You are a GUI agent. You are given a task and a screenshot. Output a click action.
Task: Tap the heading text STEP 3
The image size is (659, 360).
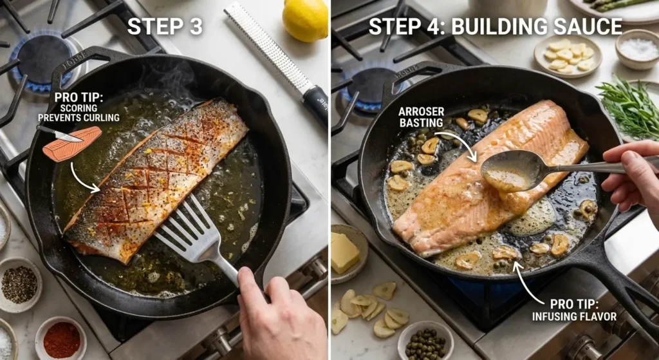tap(165, 26)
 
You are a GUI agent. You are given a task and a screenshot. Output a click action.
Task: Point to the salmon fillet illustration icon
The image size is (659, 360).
tap(72, 144)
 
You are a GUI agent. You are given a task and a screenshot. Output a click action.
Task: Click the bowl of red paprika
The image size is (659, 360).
tap(61, 339)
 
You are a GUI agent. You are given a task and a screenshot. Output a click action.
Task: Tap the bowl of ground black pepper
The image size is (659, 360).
tap(20, 285)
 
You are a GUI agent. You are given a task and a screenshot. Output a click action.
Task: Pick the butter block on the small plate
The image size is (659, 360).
tap(344, 252)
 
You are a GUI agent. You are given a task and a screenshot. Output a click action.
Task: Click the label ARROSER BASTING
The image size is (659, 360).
tap(421, 117)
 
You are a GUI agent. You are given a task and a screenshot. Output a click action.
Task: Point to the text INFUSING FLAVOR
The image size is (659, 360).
tap(574, 316)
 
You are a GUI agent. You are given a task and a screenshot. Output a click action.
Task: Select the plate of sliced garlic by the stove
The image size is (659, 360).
tap(568, 57)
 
